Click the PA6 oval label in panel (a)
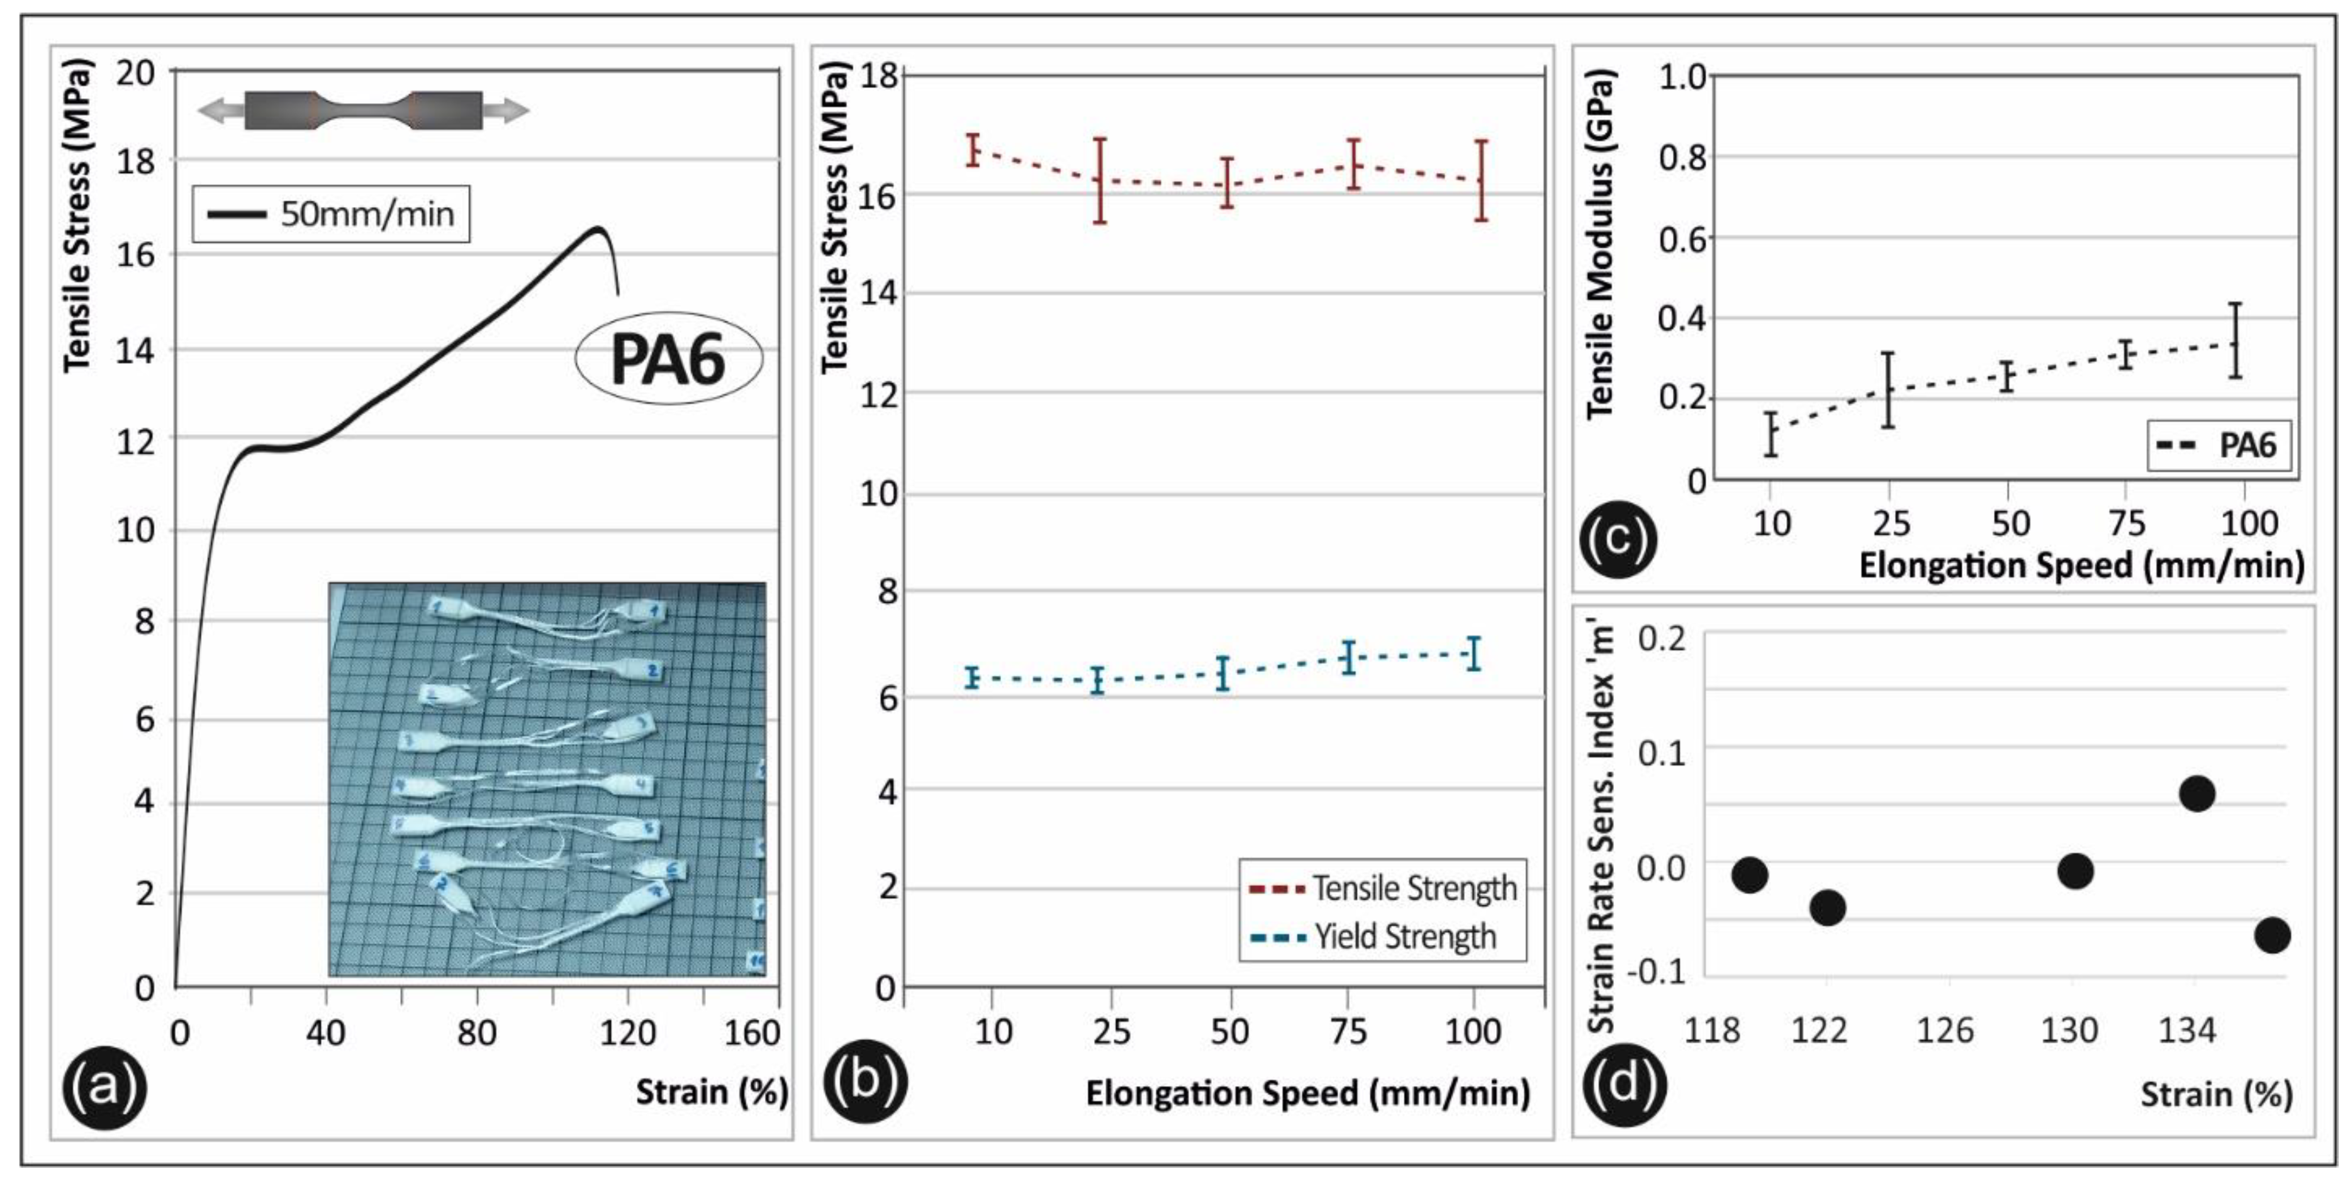pyautogui.click(x=669, y=359)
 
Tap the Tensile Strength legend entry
pyautogui.click(x=1382, y=887)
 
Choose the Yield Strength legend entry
pyautogui.click(x=1372, y=937)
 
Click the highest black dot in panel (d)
pyautogui.click(x=2196, y=794)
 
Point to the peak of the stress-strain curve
pyautogui.click(x=598, y=228)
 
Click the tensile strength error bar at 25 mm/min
pyautogui.click(x=1100, y=181)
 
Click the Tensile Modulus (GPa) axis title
pyautogui.click(x=1601, y=244)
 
